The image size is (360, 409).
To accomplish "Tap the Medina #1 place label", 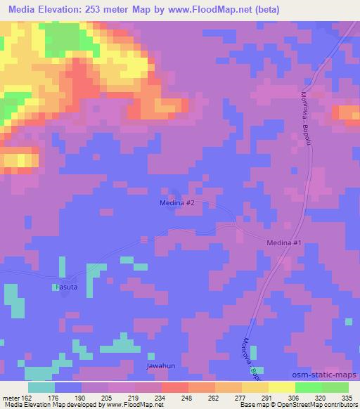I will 284,243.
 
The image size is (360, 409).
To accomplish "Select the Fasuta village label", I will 67,287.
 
